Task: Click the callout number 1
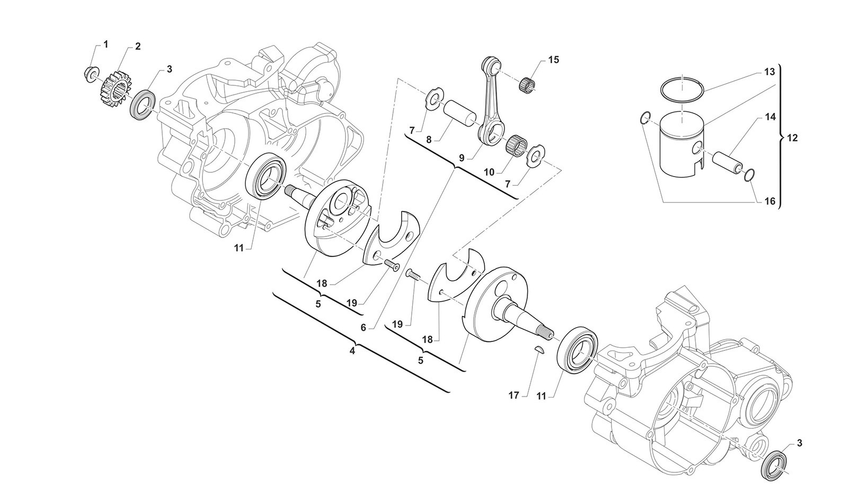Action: click(105, 44)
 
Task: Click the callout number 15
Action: click(554, 60)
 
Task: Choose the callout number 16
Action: click(770, 201)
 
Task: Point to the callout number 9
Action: click(461, 157)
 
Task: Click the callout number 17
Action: click(513, 395)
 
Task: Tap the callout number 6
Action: click(363, 328)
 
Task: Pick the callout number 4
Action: click(352, 350)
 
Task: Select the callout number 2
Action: click(137, 47)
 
